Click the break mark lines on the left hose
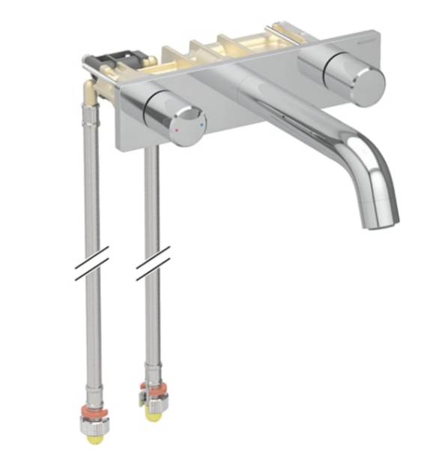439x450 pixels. (91, 263)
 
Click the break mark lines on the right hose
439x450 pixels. (153, 265)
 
